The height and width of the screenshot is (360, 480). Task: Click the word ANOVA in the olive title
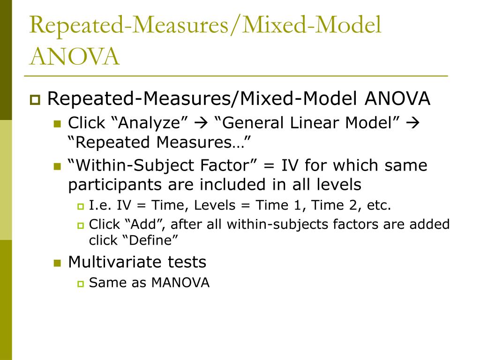(x=75, y=56)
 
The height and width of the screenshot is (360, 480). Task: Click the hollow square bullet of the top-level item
(x=35, y=100)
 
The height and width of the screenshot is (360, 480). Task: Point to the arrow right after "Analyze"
(x=201, y=123)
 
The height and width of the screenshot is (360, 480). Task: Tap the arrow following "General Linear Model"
(x=412, y=123)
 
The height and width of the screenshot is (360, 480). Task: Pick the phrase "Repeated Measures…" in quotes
(x=159, y=142)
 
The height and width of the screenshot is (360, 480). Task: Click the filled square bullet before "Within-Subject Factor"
(x=57, y=166)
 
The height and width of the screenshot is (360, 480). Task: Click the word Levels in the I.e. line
(x=215, y=205)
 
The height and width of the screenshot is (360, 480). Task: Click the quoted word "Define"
(x=150, y=240)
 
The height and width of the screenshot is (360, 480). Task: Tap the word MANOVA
(x=180, y=283)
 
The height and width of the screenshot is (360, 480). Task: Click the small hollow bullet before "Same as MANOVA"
(x=81, y=284)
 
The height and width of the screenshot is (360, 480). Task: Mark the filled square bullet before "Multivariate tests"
(x=57, y=263)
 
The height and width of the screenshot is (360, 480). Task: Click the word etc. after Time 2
(x=379, y=205)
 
